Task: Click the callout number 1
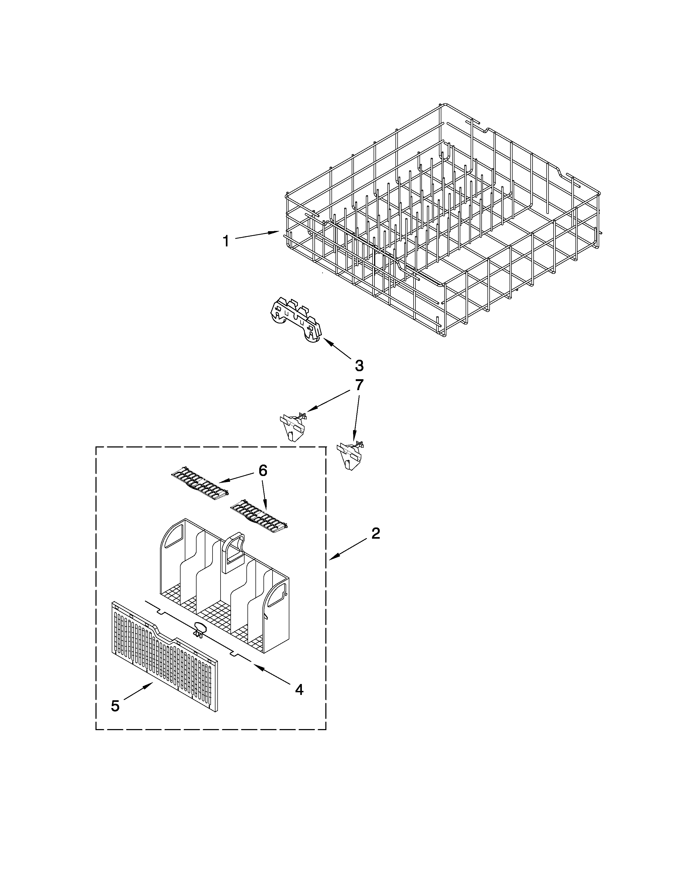226,241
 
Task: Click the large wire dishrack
443,226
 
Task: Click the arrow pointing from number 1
257,235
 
